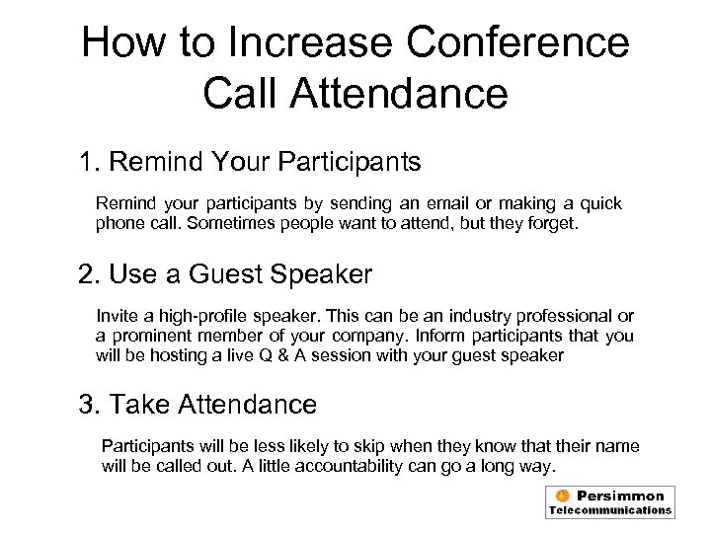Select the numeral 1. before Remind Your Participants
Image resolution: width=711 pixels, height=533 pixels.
[92, 160]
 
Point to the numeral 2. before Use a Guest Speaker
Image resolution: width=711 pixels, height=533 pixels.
[92, 273]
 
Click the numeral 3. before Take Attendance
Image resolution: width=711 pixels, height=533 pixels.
[92, 403]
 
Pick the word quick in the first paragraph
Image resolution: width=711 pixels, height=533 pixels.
[597, 203]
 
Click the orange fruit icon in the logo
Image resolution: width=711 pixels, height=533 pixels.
[562, 495]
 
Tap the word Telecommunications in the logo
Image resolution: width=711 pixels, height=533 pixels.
[610, 511]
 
